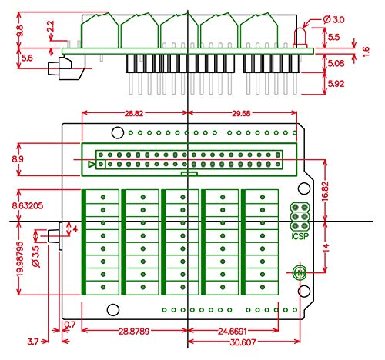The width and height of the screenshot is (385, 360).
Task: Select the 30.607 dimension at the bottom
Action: [244, 343]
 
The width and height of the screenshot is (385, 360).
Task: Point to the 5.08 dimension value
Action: [334, 64]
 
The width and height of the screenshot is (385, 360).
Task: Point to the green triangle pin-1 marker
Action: [92, 165]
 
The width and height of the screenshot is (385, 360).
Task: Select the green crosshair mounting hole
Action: [300, 272]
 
